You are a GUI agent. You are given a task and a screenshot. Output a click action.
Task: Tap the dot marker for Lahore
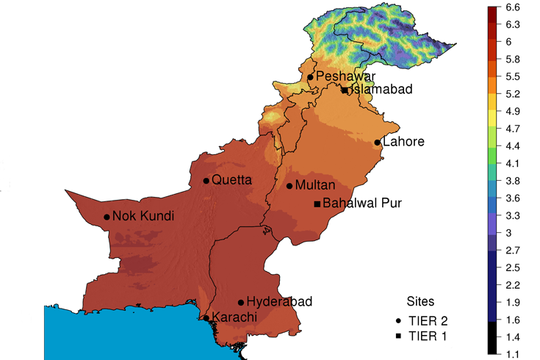(377, 143)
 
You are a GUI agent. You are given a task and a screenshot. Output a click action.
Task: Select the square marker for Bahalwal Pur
(317, 204)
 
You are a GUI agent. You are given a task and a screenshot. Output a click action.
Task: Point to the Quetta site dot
(206, 181)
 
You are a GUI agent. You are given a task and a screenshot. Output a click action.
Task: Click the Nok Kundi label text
(143, 217)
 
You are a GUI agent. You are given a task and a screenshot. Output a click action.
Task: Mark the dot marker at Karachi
(206, 318)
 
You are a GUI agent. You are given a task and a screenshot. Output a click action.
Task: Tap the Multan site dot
(289, 186)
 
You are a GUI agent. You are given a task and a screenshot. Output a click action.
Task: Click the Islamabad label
(381, 90)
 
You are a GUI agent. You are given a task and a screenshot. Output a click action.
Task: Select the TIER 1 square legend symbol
(398, 336)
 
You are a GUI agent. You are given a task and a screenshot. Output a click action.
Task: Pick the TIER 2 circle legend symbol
(398, 321)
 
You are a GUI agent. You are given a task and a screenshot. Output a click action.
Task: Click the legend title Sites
(420, 301)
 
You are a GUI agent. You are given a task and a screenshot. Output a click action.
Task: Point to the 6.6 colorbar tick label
(514, 7)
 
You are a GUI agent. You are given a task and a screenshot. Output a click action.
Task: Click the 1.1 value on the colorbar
(514, 354)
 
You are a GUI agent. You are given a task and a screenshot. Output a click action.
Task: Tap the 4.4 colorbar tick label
(514, 146)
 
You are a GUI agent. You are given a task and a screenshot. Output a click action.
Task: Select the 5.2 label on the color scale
(514, 94)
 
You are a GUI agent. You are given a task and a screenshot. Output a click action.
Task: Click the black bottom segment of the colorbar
(493, 337)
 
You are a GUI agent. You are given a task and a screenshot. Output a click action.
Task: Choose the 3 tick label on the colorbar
(509, 233)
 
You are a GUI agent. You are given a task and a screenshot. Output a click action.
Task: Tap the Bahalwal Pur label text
(362, 204)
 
